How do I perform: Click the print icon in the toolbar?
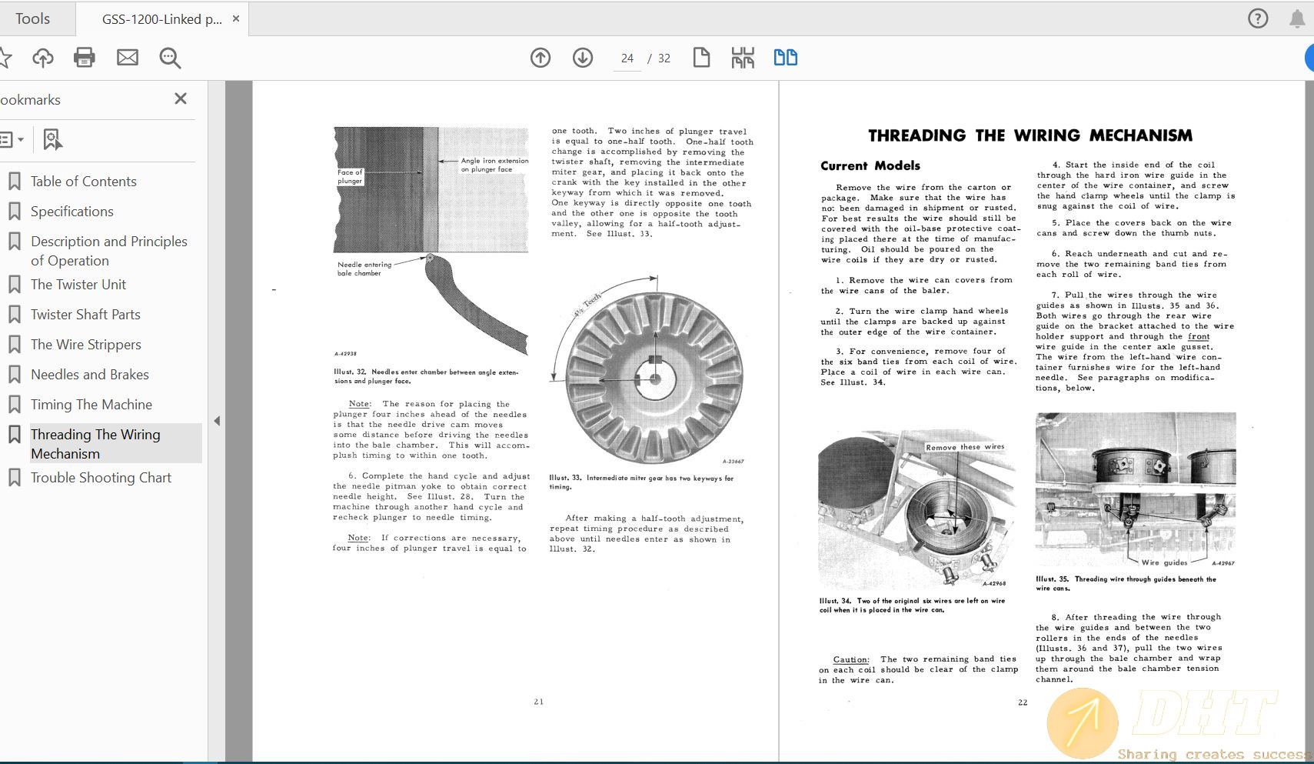pos(84,58)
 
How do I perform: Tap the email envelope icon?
pos(128,58)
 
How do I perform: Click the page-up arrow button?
pos(541,58)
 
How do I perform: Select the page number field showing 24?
pos(627,58)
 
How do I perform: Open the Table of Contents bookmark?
pos(83,182)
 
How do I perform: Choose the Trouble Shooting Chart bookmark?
pos(101,478)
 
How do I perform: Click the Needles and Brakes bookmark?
pos(89,375)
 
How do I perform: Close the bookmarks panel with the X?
pos(181,98)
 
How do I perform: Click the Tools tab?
pos(32,18)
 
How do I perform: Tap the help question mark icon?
pos(1258,18)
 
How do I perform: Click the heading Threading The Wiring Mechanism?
pos(1030,136)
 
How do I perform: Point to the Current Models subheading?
pos(870,165)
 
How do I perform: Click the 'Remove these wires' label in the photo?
pos(965,447)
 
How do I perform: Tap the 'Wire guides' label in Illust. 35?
pos(1164,562)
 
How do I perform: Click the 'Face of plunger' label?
pos(349,177)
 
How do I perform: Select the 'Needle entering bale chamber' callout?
pos(364,269)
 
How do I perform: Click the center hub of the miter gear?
pos(654,379)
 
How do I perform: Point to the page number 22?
pos(1023,702)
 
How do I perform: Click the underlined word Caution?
pos(850,659)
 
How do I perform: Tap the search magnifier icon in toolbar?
pos(170,58)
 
